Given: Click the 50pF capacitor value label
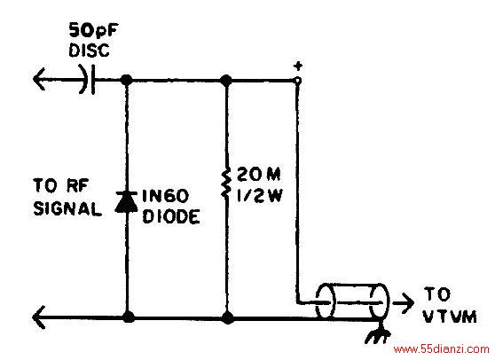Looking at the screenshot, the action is [x=93, y=31].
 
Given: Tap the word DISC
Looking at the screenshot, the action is [x=90, y=51].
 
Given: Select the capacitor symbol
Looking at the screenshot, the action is [x=88, y=80].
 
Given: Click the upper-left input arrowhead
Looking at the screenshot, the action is [x=39, y=79].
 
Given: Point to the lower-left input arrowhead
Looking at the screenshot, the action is [x=39, y=317].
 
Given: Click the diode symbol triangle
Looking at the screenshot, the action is [x=126, y=201].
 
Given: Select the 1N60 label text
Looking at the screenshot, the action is [x=165, y=196].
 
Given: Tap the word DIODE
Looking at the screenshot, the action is [x=171, y=216].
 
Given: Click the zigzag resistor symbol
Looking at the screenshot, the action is [x=226, y=184].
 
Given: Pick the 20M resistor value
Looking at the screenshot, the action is [x=258, y=174].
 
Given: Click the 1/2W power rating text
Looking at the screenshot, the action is [x=260, y=196].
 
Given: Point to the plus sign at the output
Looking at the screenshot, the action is [x=298, y=67].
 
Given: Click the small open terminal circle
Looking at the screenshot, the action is [x=297, y=81].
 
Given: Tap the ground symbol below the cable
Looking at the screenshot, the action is [x=378, y=336].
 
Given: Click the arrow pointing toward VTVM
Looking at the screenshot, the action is [x=403, y=302].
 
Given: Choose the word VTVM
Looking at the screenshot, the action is [x=450, y=317].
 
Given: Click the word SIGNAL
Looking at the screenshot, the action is [x=67, y=208].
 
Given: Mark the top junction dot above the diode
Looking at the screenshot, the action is [x=127, y=80].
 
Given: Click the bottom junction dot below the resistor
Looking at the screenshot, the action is [x=227, y=317].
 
